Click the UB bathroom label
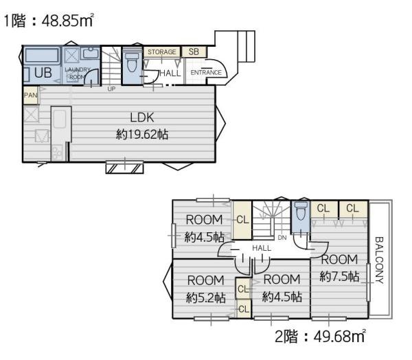pyautogui.click(x=43, y=72)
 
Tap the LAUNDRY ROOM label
pyautogui.click(x=77, y=74)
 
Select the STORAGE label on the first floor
pyautogui.click(x=161, y=52)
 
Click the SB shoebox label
pyautogui.click(x=194, y=52)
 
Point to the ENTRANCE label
pyautogui.click(x=206, y=72)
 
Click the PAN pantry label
pyautogui.click(x=31, y=95)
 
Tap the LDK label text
pyautogui.click(x=142, y=117)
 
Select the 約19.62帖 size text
pyautogui.click(x=142, y=135)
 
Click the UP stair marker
pyautogui.click(x=111, y=89)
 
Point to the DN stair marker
pyautogui.click(x=282, y=238)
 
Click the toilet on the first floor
pyautogui.click(x=132, y=62)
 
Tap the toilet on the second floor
pyautogui.click(x=301, y=211)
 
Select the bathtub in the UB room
pyautogui.click(x=42, y=56)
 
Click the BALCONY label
pyautogui.click(x=379, y=260)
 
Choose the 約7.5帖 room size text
pyautogui.click(x=339, y=277)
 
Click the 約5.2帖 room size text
pyautogui.click(x=206, y=298)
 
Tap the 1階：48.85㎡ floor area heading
pyautogui.click(x=49, y=20)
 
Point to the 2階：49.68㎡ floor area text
pyautogui.click(x=320, y=337)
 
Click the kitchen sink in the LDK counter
pyautogui.click(x=60, y=119)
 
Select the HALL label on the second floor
pyautogui.click(x=262, y=248)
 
